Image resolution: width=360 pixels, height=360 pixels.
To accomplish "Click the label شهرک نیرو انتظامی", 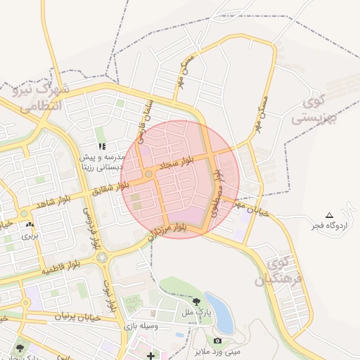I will click(39, 98).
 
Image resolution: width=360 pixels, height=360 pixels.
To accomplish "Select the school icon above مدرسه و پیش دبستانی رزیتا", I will click(102, 146).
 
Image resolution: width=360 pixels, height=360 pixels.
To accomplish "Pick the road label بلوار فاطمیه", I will click(60, 268).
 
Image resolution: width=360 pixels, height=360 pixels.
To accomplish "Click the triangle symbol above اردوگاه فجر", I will click(328, 214).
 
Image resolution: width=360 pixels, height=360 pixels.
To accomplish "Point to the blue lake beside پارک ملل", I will click(223, 314).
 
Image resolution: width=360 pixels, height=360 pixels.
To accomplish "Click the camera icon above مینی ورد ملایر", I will click(217, 341).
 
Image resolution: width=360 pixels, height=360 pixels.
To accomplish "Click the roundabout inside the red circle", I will click(149, 174).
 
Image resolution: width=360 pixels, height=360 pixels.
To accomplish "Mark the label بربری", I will click(29, 236).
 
